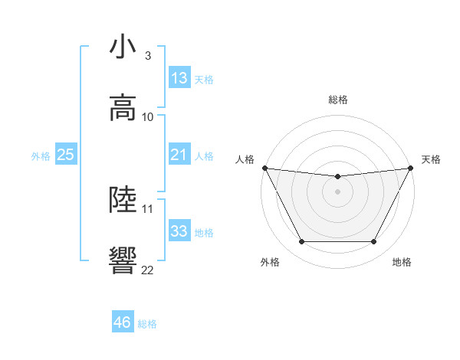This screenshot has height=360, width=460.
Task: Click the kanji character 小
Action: [x=123, y=47]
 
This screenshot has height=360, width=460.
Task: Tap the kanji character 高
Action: [x=123, y=108]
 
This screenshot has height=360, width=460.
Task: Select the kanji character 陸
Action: [x=123, y=199]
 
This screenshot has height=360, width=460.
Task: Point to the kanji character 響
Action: [x=123, y=260]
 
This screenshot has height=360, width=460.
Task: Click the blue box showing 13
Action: [x=179, y=78]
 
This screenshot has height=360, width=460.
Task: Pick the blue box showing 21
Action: [x=179, y=155]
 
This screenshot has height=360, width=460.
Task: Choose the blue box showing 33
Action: [x=179, y=231]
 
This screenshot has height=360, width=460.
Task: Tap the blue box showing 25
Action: [x=65, y=155]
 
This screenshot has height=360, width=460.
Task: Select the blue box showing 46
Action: [x=123, y=322]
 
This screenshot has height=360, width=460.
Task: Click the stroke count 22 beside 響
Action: [x=148, y=270]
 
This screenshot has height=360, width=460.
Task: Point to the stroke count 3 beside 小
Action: [x=148, y=56]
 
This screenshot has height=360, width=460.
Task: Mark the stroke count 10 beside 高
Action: [x=148, y=116]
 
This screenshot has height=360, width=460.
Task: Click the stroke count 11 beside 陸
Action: [x=148, y=208]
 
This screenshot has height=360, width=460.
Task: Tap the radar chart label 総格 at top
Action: [x=338, y=100]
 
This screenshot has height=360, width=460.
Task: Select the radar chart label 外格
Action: [x=270, y=262]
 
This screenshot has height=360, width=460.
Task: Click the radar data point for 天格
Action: [x=411, y=168]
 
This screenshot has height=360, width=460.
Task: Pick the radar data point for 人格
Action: [x=264, y=168]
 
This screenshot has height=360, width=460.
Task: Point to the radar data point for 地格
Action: [x=374, y=242]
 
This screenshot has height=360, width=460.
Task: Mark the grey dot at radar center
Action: [x=338, y=191]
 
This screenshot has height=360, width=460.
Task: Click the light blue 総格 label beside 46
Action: [x=147, y=324]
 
